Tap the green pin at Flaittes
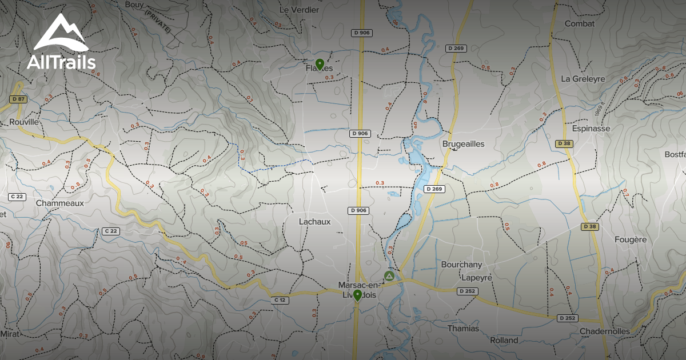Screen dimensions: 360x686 click(320, 63)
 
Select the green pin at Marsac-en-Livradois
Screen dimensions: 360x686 click(357, 295)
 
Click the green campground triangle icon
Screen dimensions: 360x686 click(389, 276)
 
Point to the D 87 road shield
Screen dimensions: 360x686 click(18, 99)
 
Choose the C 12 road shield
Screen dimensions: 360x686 click(280, 300)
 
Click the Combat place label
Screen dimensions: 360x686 click(580, 24)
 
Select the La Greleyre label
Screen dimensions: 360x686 click(583, 79)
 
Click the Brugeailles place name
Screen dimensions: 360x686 click(463, 145)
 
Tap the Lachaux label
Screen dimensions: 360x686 click(315, 222)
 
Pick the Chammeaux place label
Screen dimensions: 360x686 click(59, 203)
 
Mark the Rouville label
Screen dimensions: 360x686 click(24, 122)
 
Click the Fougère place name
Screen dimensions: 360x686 click(631, 240)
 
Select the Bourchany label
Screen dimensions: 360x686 click(461, 265)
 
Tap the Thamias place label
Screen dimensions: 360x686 click(463, 329)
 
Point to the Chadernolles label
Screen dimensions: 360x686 click(605, 331)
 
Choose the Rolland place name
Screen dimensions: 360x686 click(504, 341)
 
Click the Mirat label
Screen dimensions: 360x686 click(10, 333)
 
